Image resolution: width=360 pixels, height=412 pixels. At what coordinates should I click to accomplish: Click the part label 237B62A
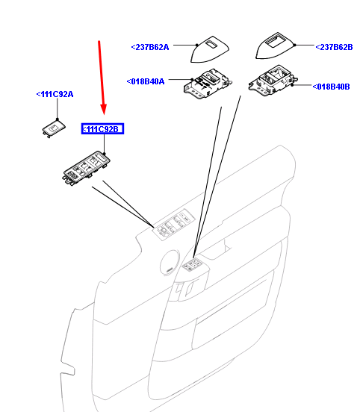(150, 47)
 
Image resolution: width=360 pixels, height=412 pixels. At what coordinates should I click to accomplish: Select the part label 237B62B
(334, 47)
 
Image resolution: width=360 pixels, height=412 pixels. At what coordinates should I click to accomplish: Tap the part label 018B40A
(146, 81)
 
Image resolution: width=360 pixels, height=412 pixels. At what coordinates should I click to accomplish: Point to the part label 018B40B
(331, 87)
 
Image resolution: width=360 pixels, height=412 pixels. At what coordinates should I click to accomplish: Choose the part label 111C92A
(55, 94)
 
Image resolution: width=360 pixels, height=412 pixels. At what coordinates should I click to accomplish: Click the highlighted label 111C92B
(102, 130)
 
